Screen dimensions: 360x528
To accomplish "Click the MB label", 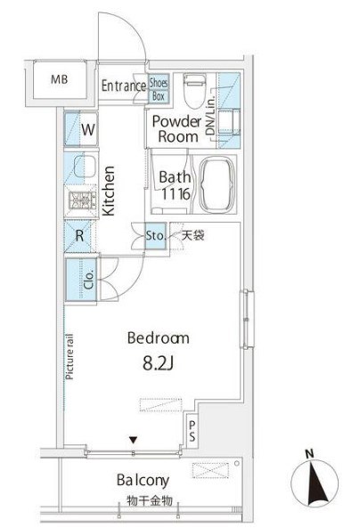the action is click(60, 79).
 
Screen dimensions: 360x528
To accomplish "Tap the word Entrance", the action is click(123, 85).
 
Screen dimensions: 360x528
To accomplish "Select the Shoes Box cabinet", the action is click(158, 89).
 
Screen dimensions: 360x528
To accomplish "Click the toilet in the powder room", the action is click(194, 91).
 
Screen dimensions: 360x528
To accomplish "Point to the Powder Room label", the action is click(177, 129).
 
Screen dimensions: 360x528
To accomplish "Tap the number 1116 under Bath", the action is click(176, 194).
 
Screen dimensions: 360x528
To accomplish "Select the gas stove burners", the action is click(81, 200).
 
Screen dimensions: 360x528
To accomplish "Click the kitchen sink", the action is click(85, 167).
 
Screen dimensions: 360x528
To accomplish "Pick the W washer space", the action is click(81, 129).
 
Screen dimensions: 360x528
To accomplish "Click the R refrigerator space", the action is click(79, 236).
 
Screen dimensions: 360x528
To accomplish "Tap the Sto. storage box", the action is click(155, 236).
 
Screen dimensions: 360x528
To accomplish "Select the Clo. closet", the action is click(81, 280).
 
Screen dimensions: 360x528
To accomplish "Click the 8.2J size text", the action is click(158, 363).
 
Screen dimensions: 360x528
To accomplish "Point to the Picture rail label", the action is click(70, 357).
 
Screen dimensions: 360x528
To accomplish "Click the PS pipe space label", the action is click(192, 431).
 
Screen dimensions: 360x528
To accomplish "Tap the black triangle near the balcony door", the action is click(134, 440).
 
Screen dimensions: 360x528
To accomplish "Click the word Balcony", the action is click(143, 481).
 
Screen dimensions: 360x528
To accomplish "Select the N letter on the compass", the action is click(309, 453).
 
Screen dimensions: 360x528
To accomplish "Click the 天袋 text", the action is click(192, 235).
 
